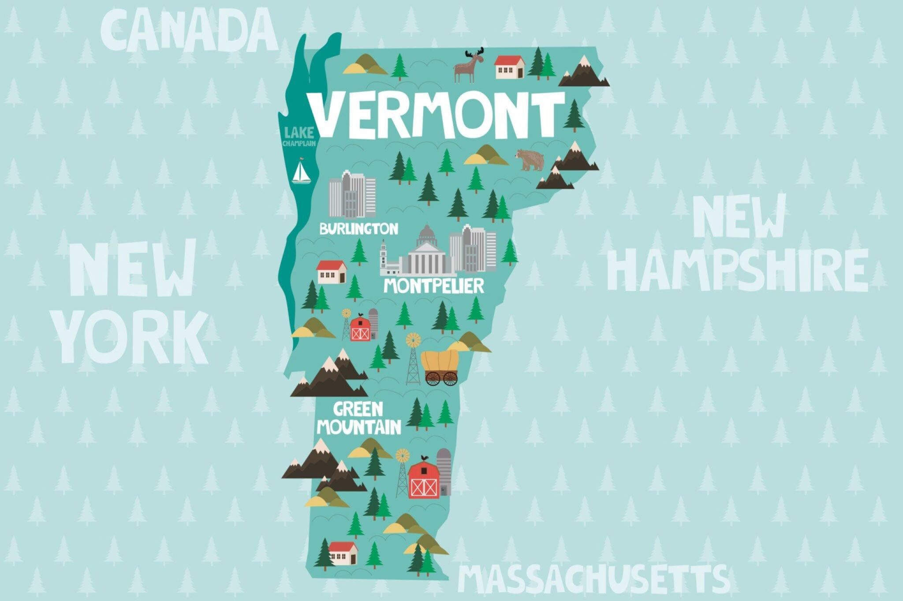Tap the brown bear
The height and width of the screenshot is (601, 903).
pos(530,159)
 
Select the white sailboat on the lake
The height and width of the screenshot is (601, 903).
pos(302,172)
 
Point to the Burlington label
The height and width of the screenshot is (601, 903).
pos(359,228)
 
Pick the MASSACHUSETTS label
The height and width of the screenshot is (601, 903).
pos(593,579)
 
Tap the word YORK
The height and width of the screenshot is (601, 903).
pos(133,337)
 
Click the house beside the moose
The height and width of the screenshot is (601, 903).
pos(510,67)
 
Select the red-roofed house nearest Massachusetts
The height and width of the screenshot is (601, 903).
pos(343,553)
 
